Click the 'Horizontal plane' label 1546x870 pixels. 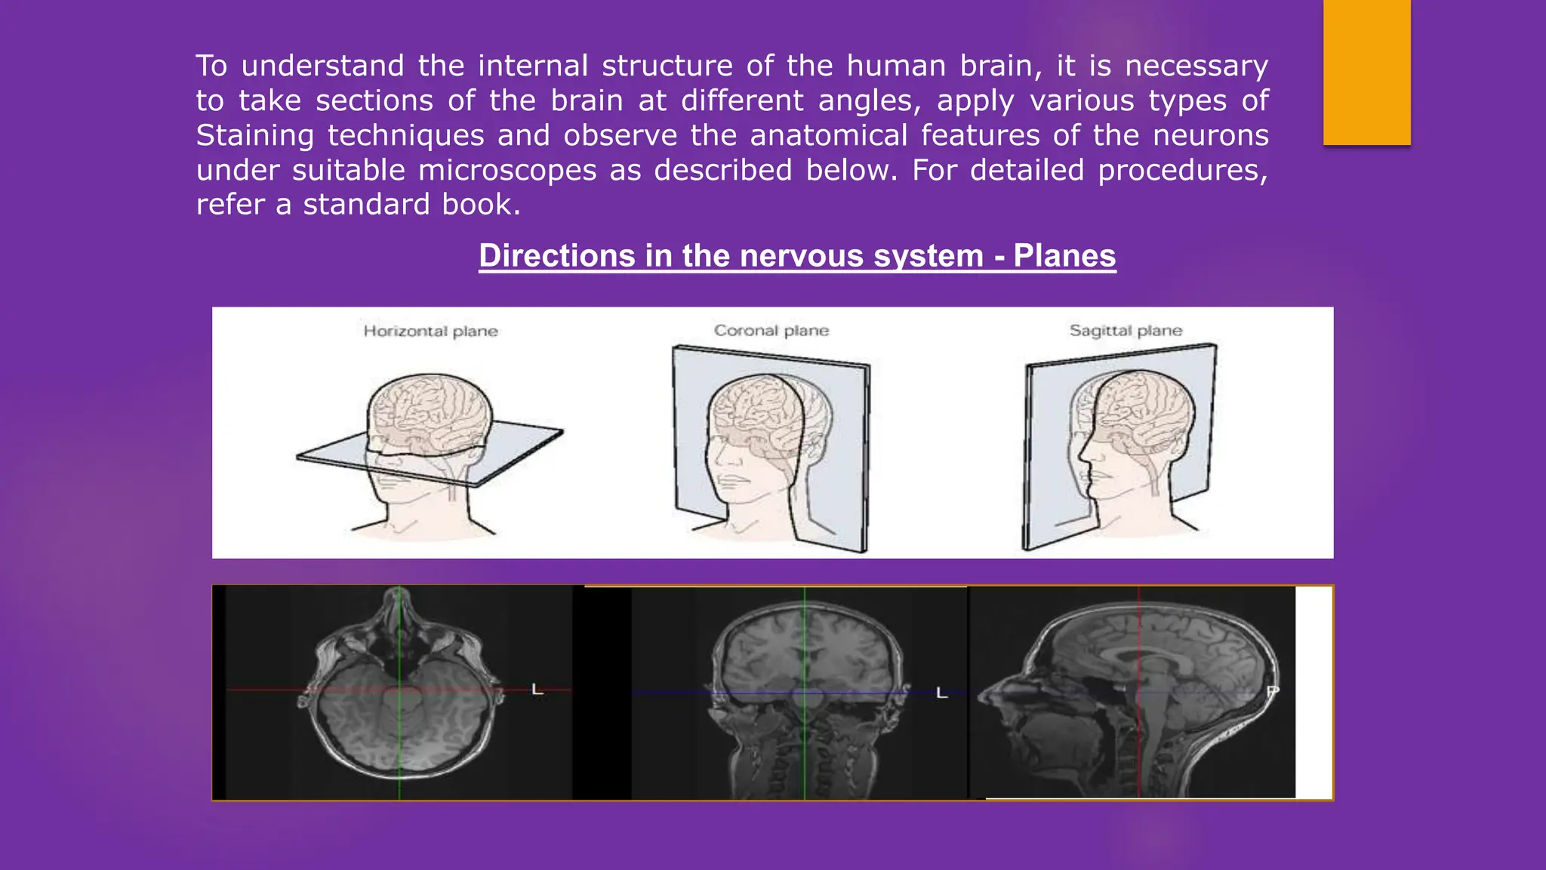tap(430, 331)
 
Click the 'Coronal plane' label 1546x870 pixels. tap(771, 331)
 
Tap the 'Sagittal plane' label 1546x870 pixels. tap(1126, 331)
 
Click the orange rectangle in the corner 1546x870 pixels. tap(1366, 72)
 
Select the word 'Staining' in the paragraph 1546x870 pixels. tap(254, 136)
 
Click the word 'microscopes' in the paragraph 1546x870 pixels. tap(507, 171)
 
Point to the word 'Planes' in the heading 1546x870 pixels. tap(1064, 256)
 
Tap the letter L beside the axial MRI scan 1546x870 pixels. tap(537, 690)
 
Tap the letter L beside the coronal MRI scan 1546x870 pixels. tap(941, 693)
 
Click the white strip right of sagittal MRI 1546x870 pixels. tap(1313, 692)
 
